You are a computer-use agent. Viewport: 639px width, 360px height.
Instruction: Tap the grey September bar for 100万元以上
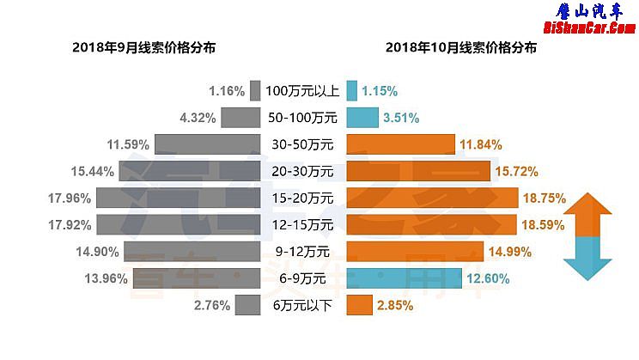coord(255,90)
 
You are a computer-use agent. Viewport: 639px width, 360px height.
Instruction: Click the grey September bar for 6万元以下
coord(247,305)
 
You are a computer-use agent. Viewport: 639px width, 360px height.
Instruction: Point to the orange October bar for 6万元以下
coord(359,305)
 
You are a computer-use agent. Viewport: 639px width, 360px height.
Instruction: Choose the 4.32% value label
coord(198,118)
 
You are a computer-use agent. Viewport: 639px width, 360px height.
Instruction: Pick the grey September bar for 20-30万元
coord(189,171)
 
